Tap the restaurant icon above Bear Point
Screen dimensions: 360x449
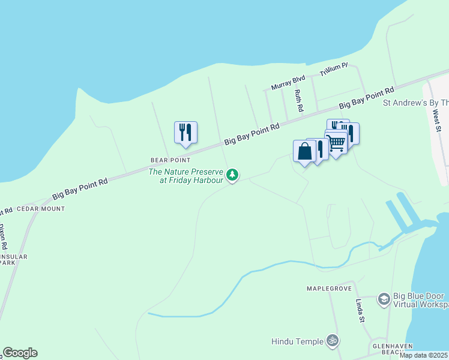tap(185, 133)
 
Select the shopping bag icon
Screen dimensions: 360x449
tap(304, 151)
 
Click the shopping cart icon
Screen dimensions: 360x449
tap(336, 143)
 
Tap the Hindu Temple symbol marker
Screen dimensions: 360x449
tap(332, 341)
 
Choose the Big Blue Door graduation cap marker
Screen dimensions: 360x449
tap(384, 299)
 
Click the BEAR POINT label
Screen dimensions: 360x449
tap(170, 160)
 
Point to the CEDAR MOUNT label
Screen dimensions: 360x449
tap(40, 209)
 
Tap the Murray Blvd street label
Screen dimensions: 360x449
tap(288, 83)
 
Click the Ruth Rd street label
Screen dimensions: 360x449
tap(298, 101)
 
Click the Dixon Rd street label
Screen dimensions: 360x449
tap(3, 237)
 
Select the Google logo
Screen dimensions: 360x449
tap(20, 353)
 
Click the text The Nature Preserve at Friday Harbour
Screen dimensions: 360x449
tap(186, 176)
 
